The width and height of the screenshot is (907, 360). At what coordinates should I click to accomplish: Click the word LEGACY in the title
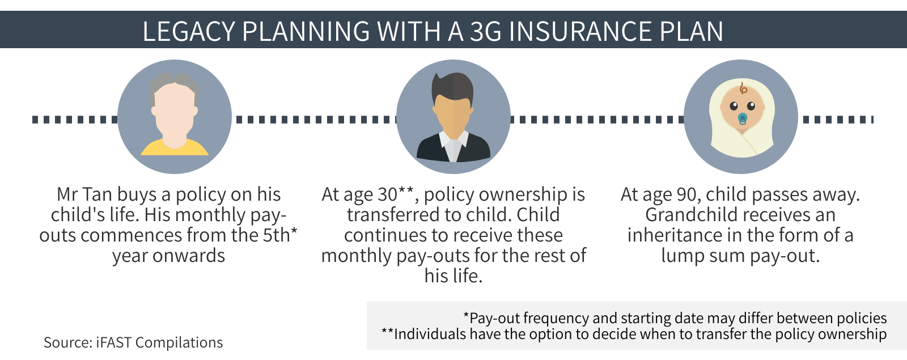pyautogui.click(x=189, y=32)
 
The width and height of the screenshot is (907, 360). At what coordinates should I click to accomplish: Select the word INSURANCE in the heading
pyautogui.click(x=580, y=32)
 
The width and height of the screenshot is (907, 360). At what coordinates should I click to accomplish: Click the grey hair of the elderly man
pyautogui.click(x=174, y=83)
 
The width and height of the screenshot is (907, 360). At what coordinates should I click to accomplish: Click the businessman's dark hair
pyautogui.click(x=453, y=87)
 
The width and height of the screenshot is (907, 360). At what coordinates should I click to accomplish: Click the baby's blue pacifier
pyautogui.click(x=743, y=118)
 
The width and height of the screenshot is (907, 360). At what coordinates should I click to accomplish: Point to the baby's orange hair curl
pyautogui.click(x=743, y=88)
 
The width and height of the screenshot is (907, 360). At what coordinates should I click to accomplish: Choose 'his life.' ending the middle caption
pyautogui.click(x=453, y=276)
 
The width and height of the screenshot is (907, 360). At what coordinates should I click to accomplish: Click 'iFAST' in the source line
pyautogui.click(x=114, y=342)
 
